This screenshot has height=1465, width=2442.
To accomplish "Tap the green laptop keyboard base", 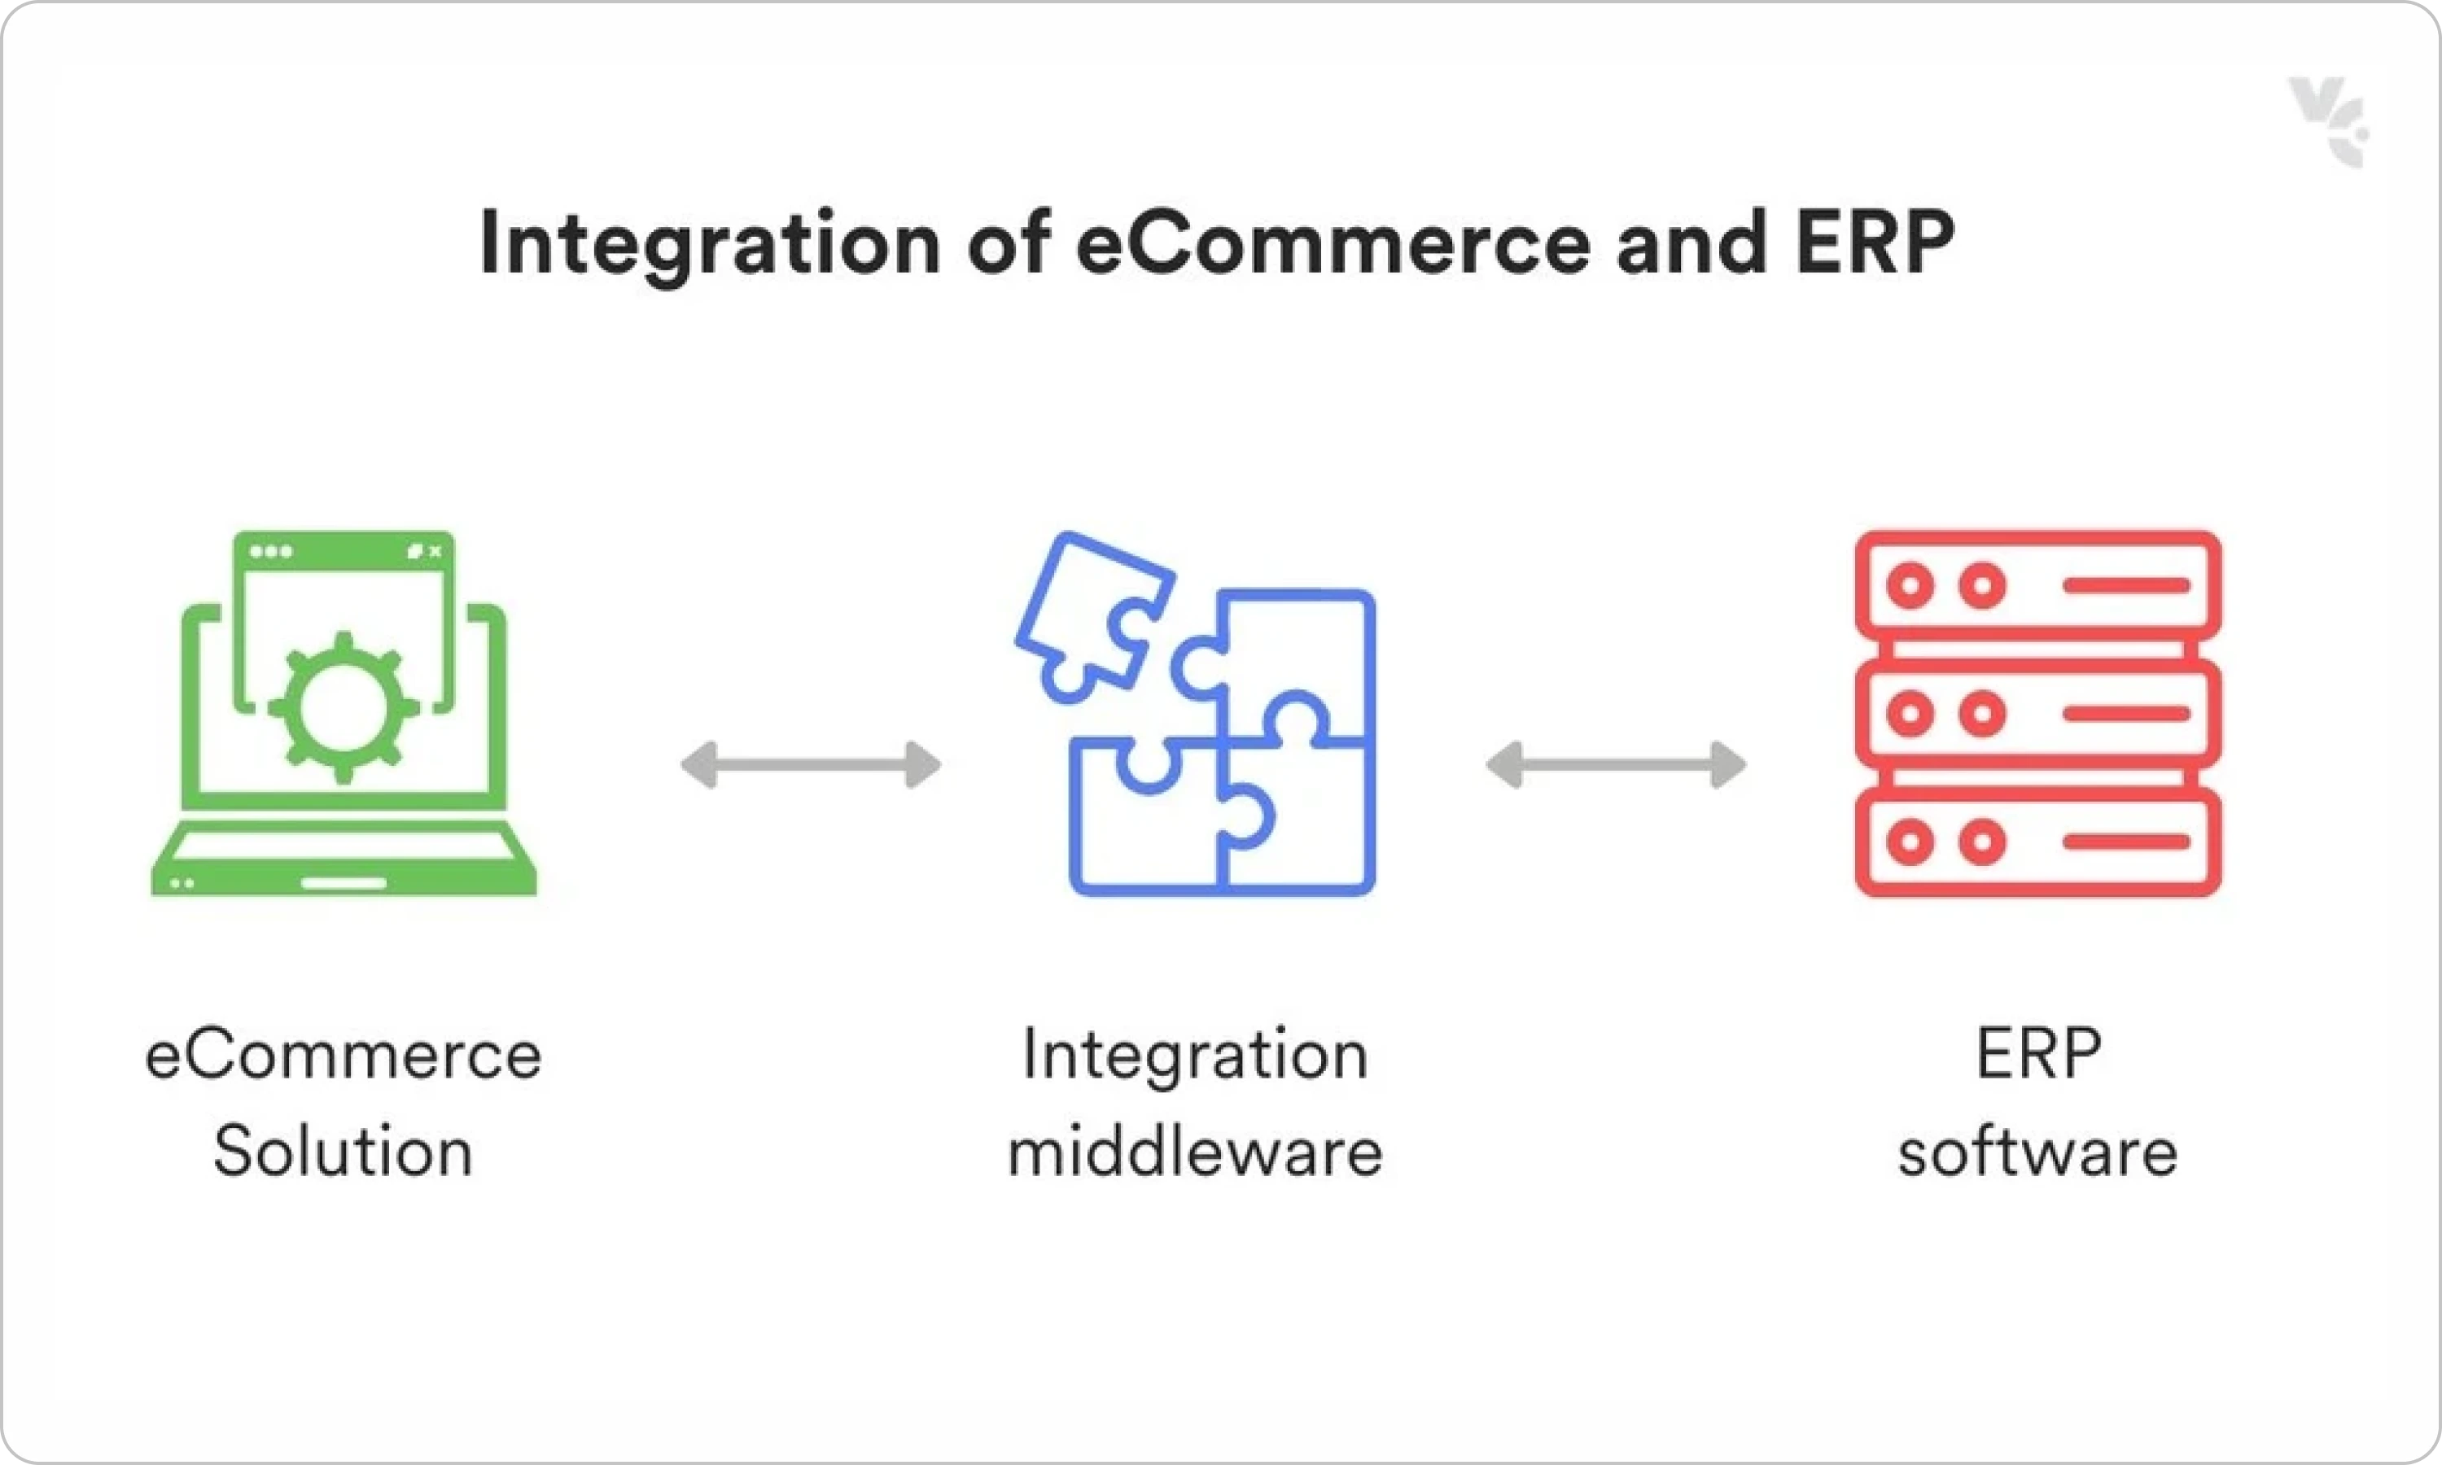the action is tap(344, 858).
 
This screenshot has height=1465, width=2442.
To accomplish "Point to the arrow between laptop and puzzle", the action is tap(811, 765).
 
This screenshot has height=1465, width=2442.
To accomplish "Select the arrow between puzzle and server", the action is tap(1616, 765).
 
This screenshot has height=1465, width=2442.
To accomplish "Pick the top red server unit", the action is tap(2038, 585).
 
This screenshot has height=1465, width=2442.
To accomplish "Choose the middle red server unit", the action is tap(2038, 714).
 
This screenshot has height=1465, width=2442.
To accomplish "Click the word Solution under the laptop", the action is tap(344, 1150).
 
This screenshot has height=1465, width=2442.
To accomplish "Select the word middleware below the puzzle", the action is tap(1195, 1150).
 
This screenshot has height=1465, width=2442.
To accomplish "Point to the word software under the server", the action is tap(2038, 1152).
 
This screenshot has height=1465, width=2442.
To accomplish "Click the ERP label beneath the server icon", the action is tap(2038, 1053).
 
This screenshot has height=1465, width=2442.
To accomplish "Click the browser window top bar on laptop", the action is tap(344, 551).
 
